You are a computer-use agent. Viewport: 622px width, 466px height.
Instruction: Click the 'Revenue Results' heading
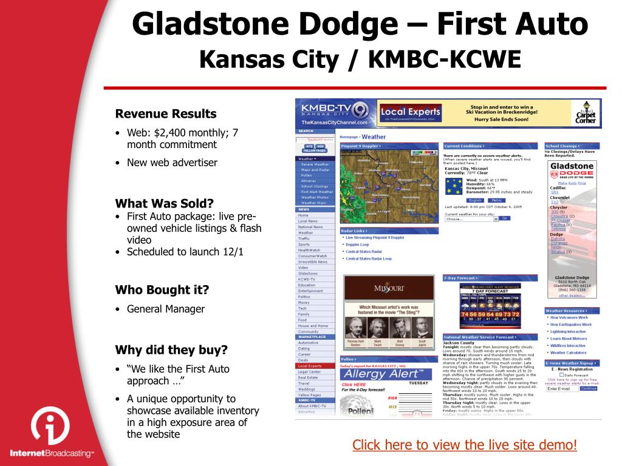166,113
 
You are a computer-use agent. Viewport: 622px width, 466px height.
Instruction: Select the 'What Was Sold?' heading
165,203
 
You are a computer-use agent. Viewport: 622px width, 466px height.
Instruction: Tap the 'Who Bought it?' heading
162,289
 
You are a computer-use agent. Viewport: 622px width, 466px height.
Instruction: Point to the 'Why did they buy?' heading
171,349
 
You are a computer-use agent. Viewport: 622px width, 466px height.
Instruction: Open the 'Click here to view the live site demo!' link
465,445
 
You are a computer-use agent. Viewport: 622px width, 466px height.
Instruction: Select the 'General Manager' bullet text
166,309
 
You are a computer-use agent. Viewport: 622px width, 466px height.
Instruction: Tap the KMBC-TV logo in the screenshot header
334,113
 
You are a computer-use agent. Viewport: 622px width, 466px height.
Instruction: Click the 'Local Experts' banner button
410,112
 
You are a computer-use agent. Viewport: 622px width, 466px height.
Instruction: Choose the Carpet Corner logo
586,113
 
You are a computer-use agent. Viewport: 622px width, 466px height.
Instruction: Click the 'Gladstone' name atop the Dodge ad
572,166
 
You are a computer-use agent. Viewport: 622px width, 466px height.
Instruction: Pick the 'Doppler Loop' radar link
357,245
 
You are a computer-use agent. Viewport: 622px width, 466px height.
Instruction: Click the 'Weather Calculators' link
568,353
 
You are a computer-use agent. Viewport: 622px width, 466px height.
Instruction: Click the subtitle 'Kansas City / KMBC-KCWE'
360,59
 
